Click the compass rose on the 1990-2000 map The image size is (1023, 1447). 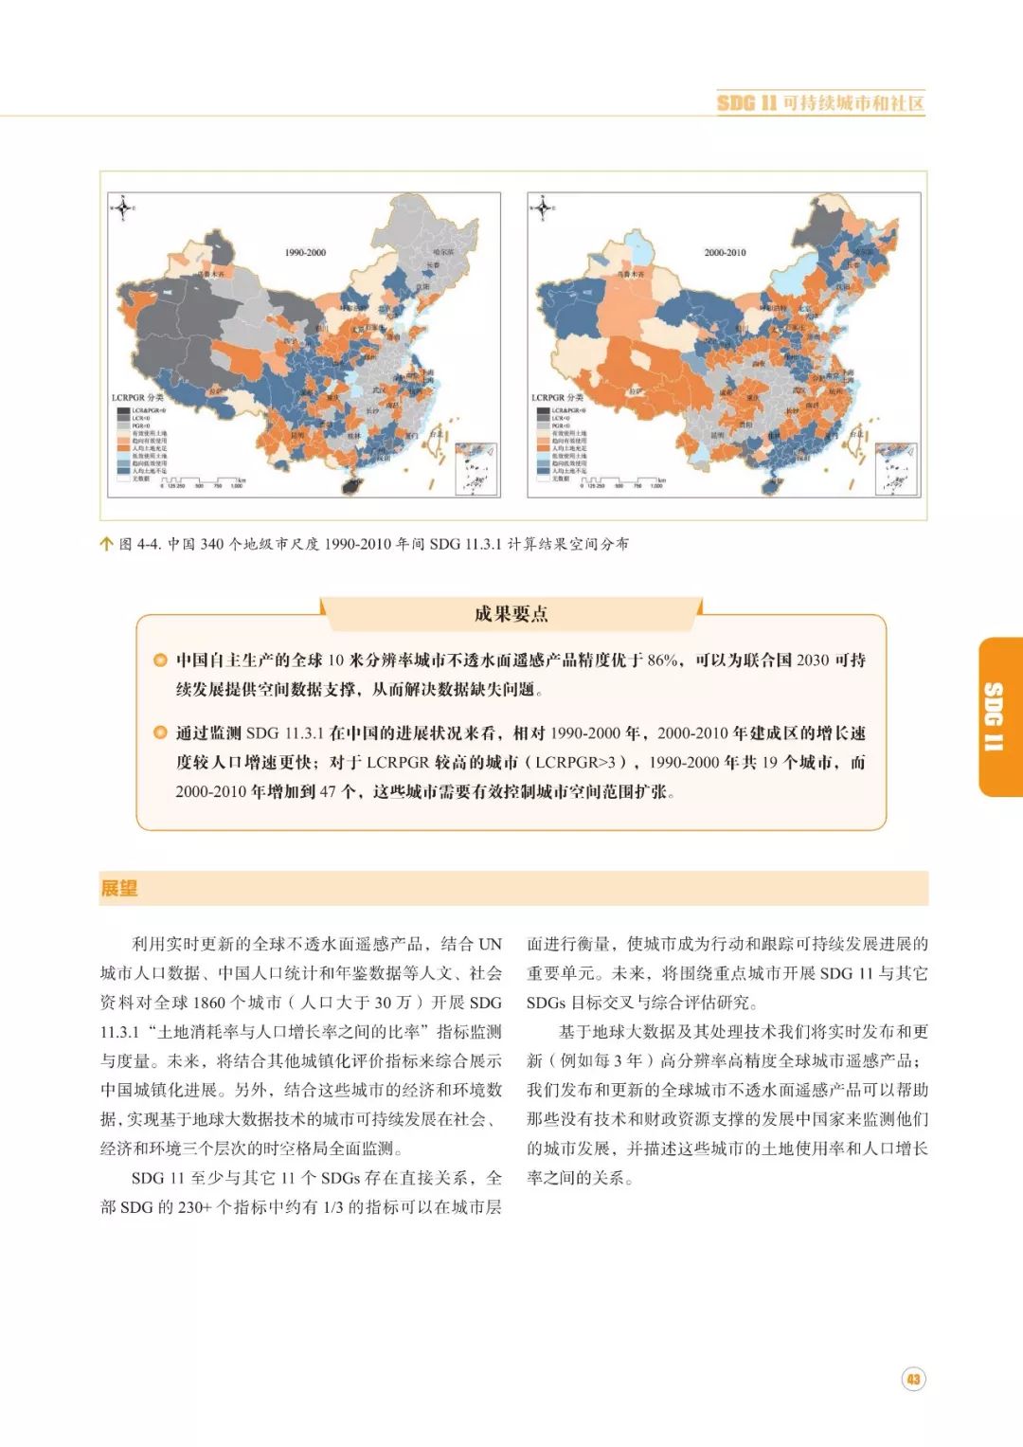pos(122,207)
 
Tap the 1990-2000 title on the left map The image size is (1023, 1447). pos(305,252)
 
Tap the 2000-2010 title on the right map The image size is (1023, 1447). pos(725,252)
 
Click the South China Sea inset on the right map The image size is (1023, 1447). pos(895,468)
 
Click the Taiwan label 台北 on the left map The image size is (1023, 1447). pos(437,434)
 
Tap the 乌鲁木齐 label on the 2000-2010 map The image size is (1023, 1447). pos(631,274)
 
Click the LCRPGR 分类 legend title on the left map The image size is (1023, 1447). pos(137,397)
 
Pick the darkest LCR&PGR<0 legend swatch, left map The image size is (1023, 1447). pos(123,410)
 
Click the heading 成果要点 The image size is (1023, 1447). pos(511,613)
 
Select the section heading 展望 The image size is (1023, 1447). pos(119,888)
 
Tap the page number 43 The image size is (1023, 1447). pos(912,1379)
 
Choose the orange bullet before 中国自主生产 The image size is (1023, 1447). pos(160,660)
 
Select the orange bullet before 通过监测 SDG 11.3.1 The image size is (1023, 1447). pos(160,733)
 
